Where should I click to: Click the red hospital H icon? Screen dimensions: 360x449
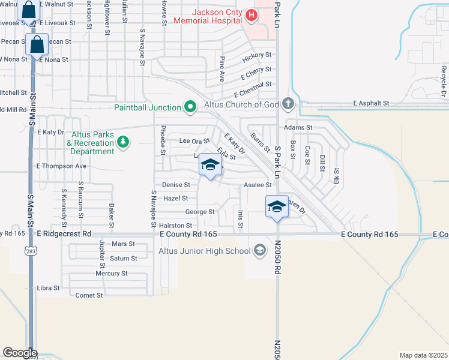pyautogui.click(x=252, y=15)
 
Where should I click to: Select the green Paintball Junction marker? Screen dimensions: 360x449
pyautogui.click(x=190, y=107)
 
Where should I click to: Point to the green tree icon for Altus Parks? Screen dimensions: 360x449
pyautogui.click(x=123, y=142)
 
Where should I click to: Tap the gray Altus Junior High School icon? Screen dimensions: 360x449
pyautogui.click(x=260, y=250)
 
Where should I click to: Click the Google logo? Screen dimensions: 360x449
pyautogui.click(x=20, y=353)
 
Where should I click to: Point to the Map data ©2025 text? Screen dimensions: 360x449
pyautogui.click(x=423, y=355)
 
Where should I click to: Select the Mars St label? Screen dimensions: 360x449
pyautogui.click(x=123, y=244)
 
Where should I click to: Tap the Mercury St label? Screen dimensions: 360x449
pyautogui.click(x=112, y=274)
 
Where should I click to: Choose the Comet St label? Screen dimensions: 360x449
pyautogui.click(x=89, y=295)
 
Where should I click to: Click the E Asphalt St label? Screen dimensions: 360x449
pyautogui.click(x=371, y=103)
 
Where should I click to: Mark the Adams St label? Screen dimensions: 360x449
pyautogui.click(x=298, y=128)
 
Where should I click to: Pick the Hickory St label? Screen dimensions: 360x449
pyautogui.click(x=256, y=58)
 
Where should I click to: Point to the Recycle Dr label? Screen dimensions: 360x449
pyautogui.click(x=444, y=79)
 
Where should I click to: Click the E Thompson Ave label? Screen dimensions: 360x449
pyautogui.click(x=62, y=166)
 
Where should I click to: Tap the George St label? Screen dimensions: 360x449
pyautogui.click(x=200, y=212)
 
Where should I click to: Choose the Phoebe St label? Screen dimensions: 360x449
pyautogui.click(x=162, y=140)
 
